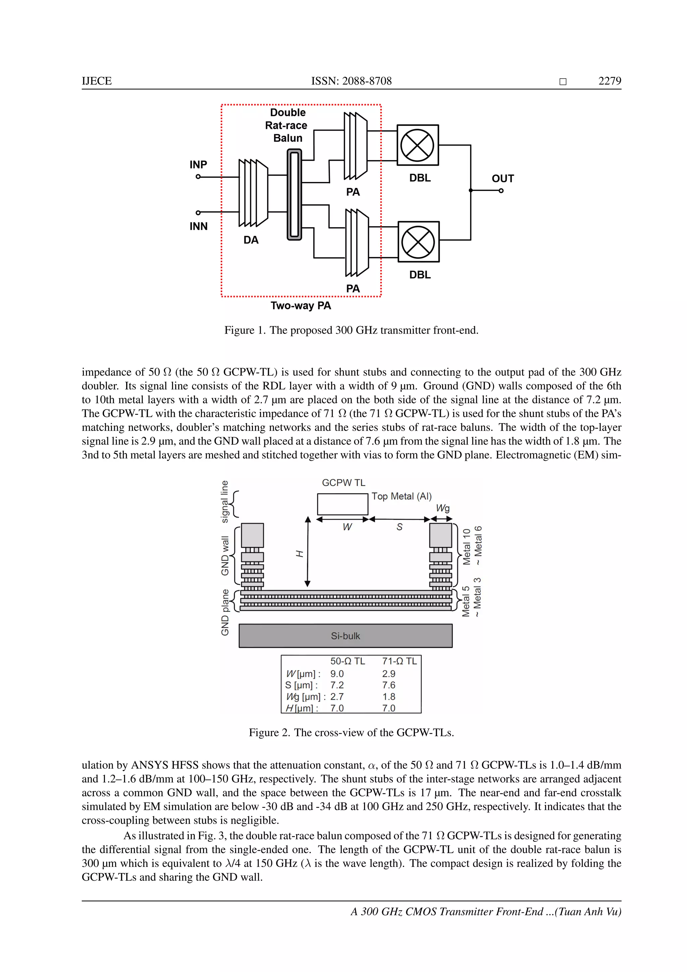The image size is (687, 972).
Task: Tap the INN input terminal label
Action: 198,227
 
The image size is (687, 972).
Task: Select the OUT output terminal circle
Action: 501,191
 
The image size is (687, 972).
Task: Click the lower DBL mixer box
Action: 418,242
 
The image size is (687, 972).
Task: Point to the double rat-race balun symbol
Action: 295,194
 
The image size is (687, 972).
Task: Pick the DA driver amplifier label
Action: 251,240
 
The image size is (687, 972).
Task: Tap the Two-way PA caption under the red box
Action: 301,306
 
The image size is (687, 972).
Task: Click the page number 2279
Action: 610,81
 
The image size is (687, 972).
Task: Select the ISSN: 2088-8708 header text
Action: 351,81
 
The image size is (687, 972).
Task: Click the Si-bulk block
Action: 345,636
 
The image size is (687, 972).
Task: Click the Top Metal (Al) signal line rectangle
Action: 342,504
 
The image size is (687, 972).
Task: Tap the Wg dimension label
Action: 442,508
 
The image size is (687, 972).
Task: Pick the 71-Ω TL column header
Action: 399,661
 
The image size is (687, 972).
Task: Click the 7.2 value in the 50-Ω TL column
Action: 337,685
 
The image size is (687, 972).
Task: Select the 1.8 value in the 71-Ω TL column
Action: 389,696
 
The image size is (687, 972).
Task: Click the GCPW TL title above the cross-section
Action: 343,483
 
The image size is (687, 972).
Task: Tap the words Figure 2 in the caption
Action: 269,732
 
